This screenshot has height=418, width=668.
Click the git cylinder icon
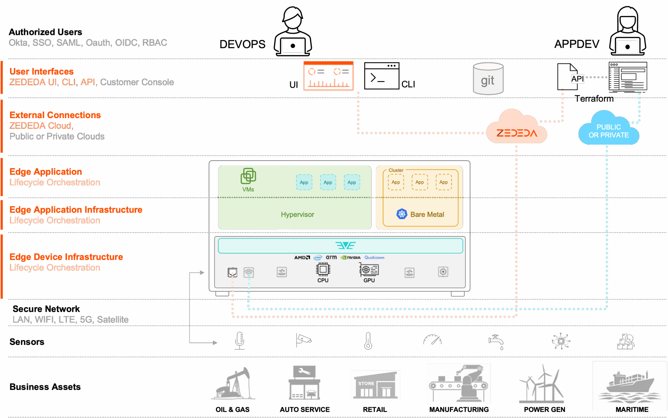point(488,79)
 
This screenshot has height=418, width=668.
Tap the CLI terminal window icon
point(381,76)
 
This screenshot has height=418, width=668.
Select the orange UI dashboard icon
point(329,76)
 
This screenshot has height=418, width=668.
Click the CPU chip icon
point(323,270)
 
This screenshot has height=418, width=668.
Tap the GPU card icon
point(369,270)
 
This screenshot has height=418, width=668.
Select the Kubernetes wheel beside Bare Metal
point(402,214)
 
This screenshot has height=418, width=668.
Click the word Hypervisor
point(297,215)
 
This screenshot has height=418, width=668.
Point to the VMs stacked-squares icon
point(248,176)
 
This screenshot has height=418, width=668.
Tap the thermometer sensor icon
point(368,341)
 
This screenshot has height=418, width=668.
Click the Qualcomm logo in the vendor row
point(374,257)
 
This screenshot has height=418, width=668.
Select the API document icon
point(568,77)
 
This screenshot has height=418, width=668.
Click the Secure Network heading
point(46,309)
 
